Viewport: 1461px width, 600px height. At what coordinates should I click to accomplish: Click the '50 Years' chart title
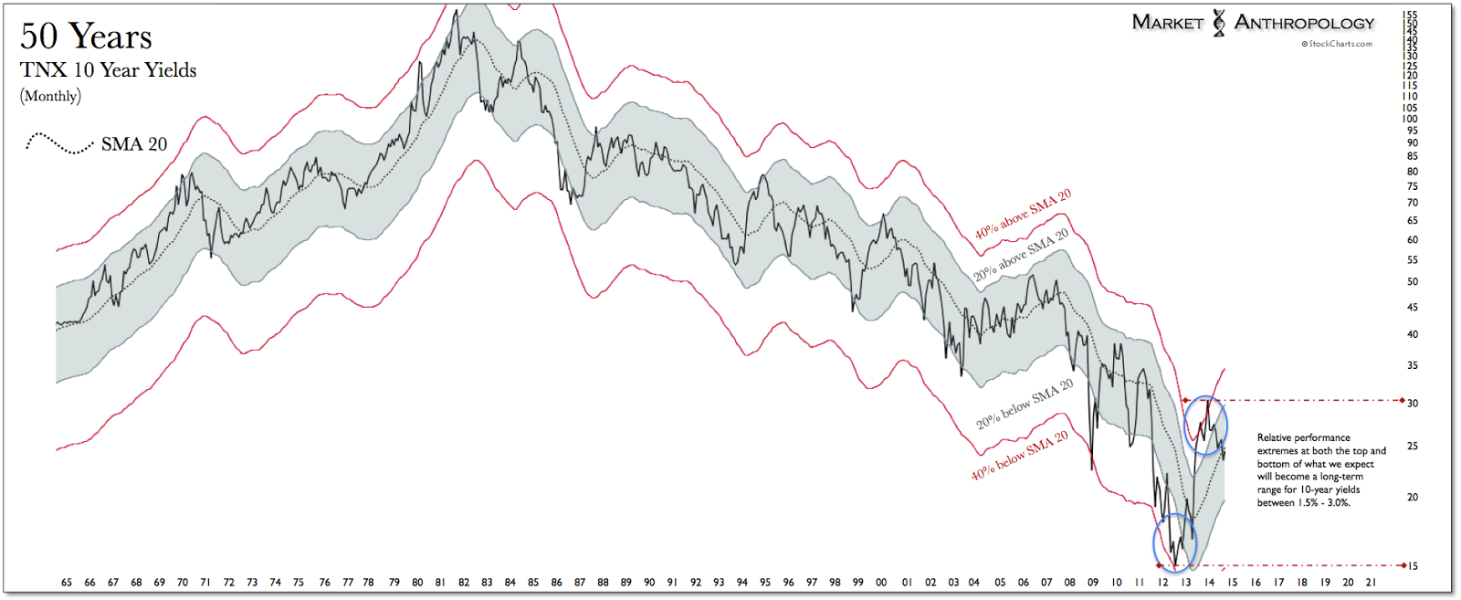pos(86,37)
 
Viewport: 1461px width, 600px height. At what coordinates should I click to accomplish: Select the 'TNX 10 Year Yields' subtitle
pos(108,70)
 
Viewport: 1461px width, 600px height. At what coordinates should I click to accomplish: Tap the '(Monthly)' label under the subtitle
pos(50,96)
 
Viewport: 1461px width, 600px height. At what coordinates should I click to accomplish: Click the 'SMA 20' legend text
pos(134,144)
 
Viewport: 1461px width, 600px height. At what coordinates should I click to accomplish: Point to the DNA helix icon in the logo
pos(1219,23)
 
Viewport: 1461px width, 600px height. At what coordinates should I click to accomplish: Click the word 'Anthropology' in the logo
pos(1304,23)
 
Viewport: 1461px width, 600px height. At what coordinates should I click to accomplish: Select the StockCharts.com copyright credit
pos(1337,44)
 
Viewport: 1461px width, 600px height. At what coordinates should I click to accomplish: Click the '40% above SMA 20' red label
pos(1023,216)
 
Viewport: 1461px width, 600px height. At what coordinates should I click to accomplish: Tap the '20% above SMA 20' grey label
pos(1021,255)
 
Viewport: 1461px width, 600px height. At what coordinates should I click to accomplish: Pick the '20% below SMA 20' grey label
pos(1024,405)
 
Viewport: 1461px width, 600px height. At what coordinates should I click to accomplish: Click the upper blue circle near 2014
pos(1205,426)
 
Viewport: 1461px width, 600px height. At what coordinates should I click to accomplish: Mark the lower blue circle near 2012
pos(1174,542)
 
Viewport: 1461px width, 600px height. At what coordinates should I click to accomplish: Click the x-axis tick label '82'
pos(464,583)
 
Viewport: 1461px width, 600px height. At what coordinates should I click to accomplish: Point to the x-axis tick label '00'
pos(881,583)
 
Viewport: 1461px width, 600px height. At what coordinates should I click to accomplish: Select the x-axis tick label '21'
pos(1371,583)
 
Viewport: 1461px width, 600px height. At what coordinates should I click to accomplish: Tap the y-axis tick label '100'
pos(1410,119)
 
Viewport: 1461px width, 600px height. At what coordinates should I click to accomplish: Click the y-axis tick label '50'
pos(1413,282)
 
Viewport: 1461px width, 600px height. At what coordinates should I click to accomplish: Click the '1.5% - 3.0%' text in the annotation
pos(1316,503)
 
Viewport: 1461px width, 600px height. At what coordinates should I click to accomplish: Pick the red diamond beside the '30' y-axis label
pos(1403,401)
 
